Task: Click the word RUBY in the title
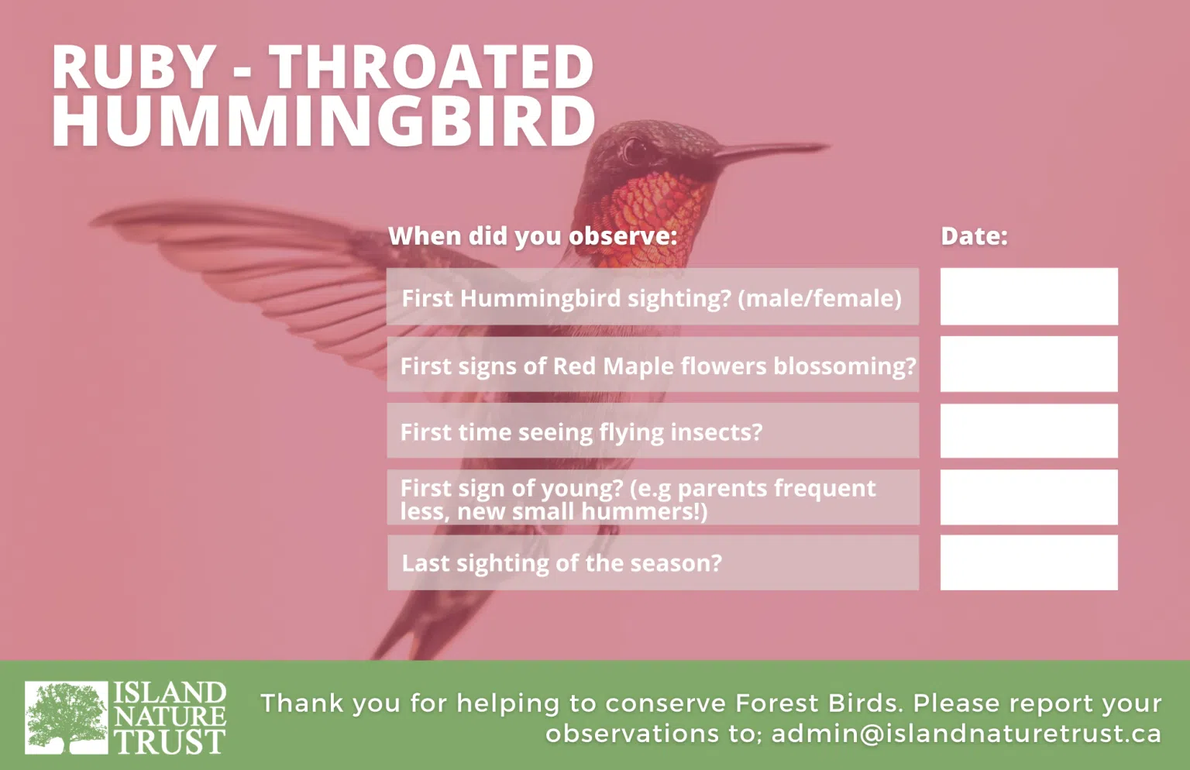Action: [133, 67]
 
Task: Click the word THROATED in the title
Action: [431, 67]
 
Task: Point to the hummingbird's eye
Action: [633, 150]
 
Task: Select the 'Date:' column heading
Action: [974, 235]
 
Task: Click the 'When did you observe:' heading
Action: [533, 236]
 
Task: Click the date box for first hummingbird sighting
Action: [1029, 297]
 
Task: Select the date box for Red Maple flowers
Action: [1029, 364]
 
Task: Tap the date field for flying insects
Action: [1029, 431]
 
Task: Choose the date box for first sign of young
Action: [1029, 497]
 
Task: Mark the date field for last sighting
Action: [1029, 562]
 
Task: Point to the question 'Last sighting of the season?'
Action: [562, 563]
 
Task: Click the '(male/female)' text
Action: [820, 298]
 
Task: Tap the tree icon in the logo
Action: [67, 717]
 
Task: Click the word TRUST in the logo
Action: [170, 742]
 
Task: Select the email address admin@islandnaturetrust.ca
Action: [966, 734]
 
